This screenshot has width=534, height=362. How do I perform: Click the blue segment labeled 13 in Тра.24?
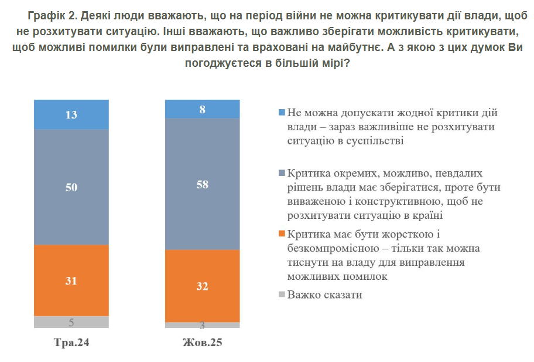(71, 114)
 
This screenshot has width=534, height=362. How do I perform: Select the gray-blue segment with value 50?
(71, 187)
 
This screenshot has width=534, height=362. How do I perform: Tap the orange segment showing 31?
(71, 280)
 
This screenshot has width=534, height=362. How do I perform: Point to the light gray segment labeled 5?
(71, 322)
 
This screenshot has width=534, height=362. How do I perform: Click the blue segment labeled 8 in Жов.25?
(202, 109)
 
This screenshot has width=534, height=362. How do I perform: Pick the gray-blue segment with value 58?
(202, 184)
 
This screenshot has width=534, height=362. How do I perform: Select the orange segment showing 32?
(202, 286)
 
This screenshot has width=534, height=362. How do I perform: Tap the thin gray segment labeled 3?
(202, 325)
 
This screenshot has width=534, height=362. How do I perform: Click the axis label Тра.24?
(71, 342)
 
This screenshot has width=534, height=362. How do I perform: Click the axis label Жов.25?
(202, 342)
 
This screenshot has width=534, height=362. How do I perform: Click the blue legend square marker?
(282, 112)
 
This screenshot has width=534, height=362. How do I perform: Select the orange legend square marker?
(282, 234)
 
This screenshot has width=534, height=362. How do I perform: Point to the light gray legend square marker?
(282, 295)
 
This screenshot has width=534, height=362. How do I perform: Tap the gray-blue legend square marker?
(282, 173)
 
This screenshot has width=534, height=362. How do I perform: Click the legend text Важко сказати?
(325, 295)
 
